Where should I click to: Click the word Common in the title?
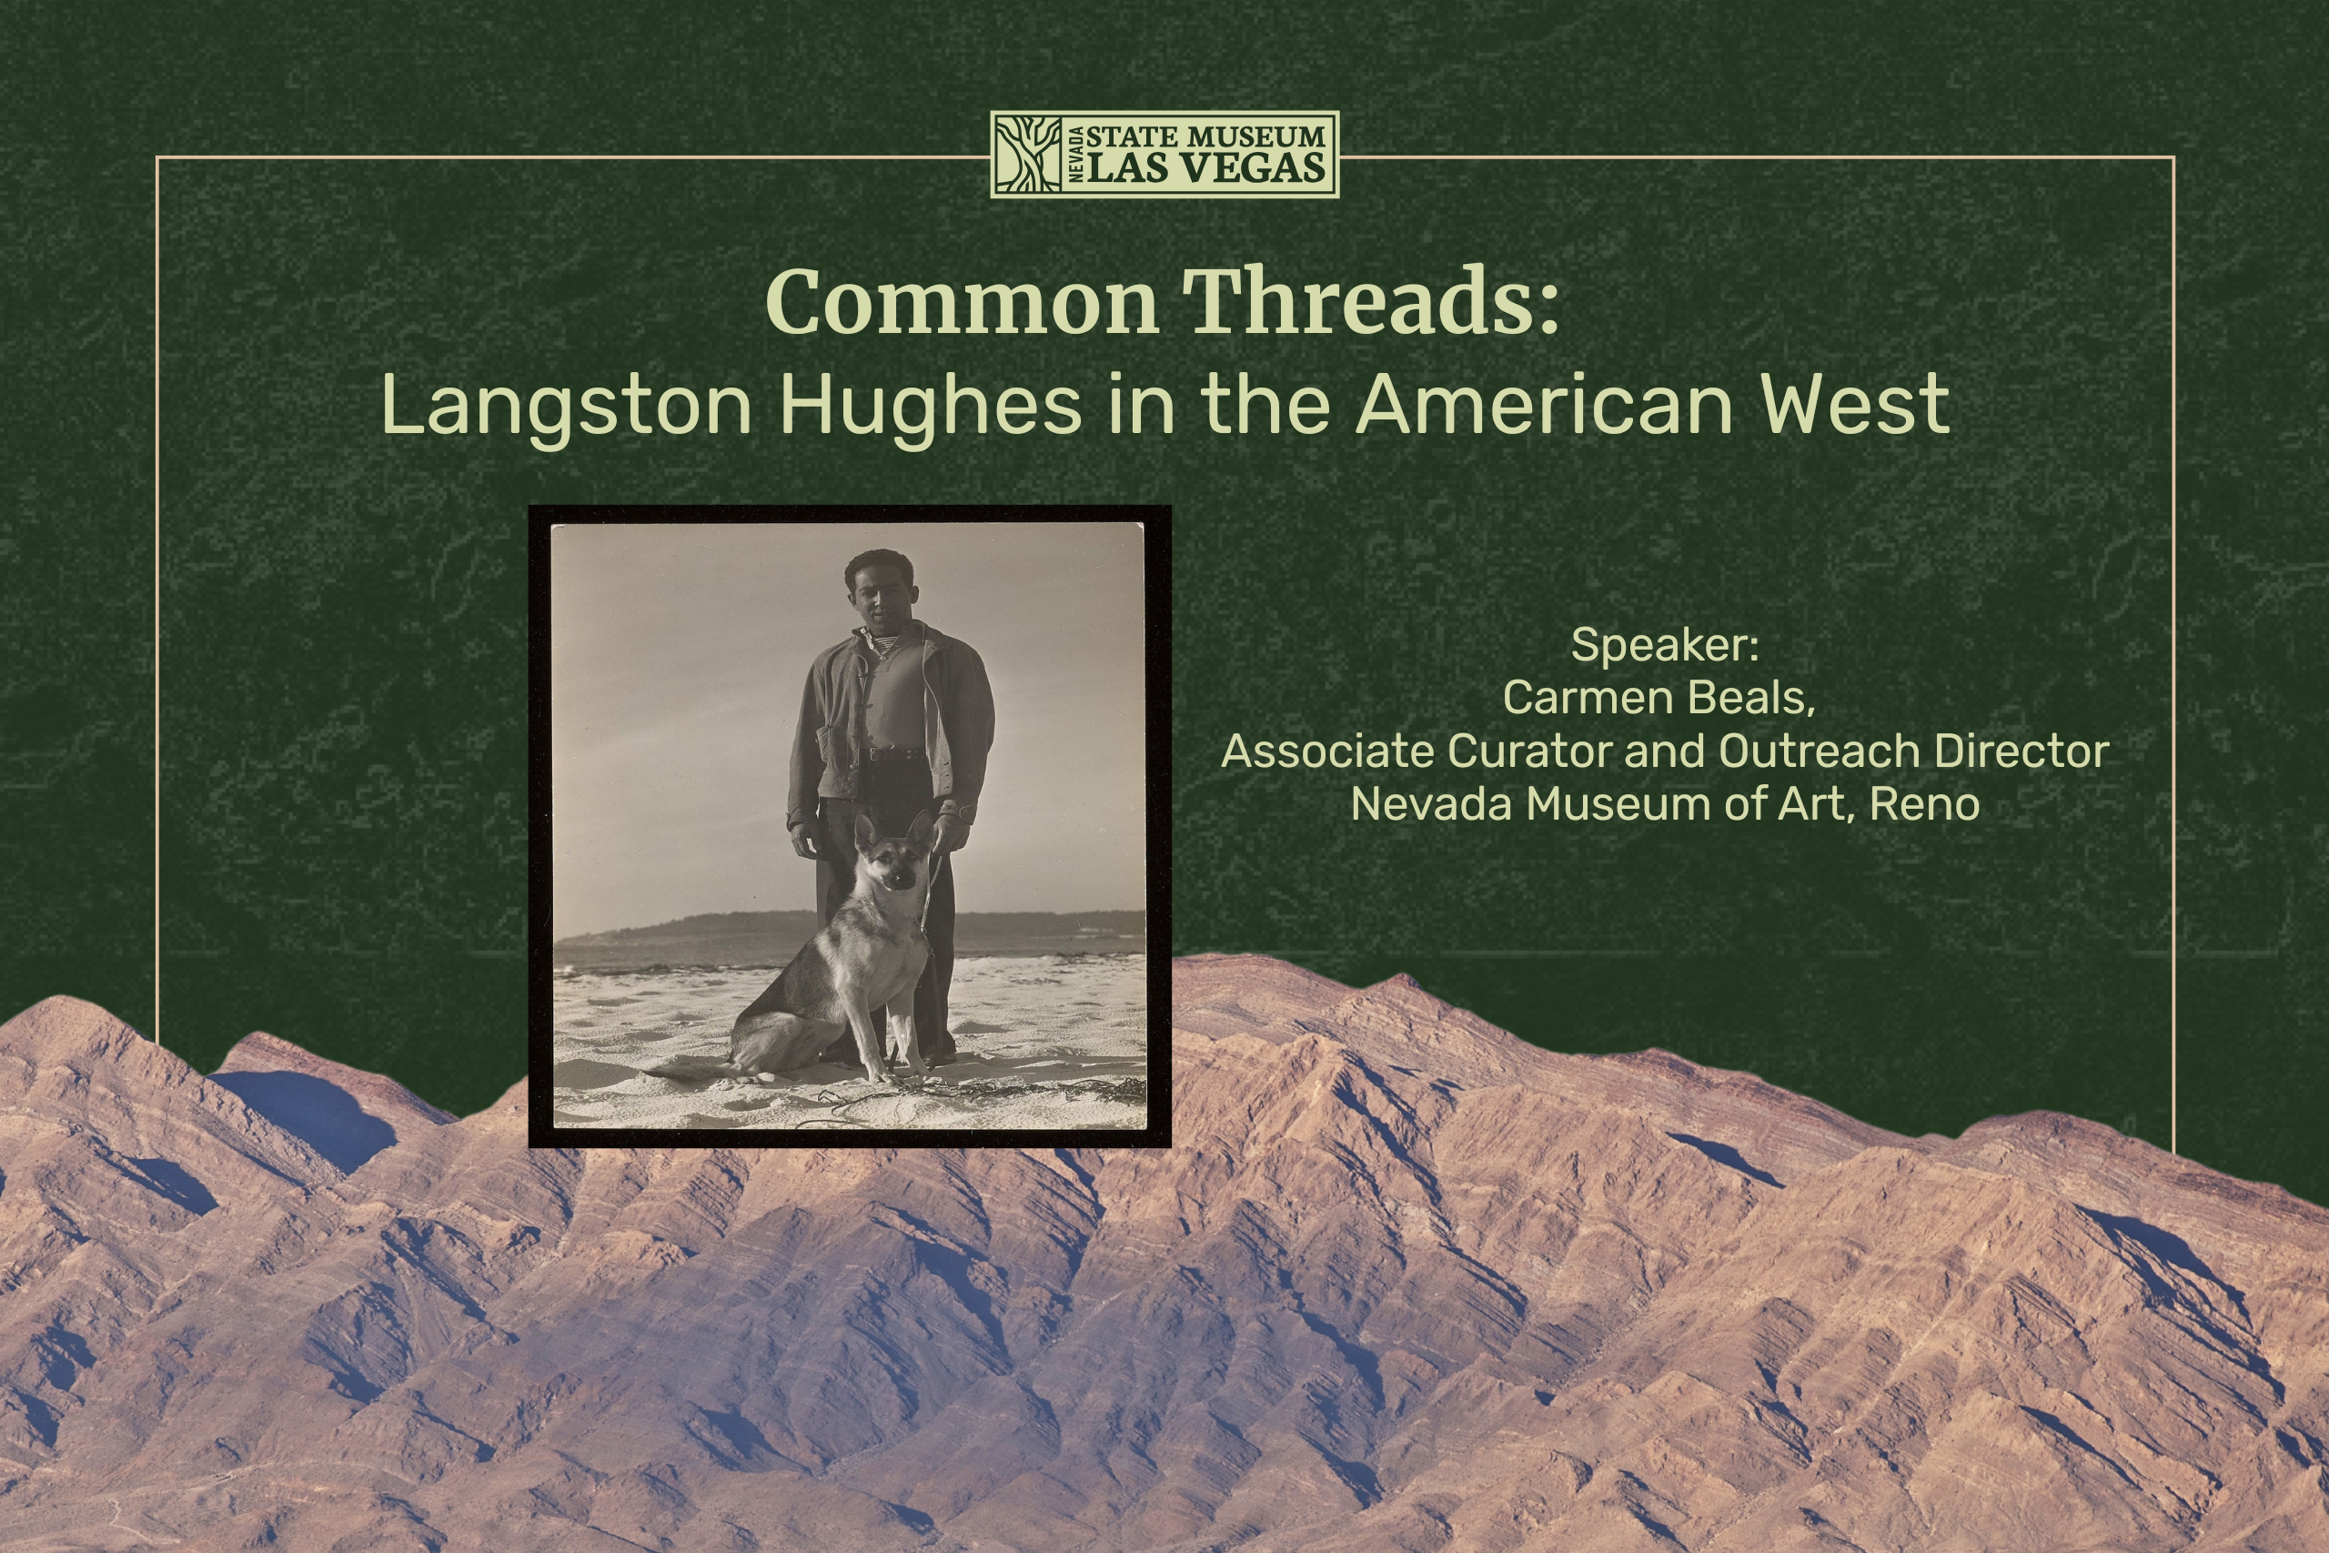tap(962, 302)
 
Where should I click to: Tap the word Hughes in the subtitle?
tap(931, 405)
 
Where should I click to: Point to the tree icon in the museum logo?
tap(1028, 155)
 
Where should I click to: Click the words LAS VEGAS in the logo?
tap(1206, 167)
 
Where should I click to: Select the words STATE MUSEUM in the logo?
tap(1206, 136)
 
